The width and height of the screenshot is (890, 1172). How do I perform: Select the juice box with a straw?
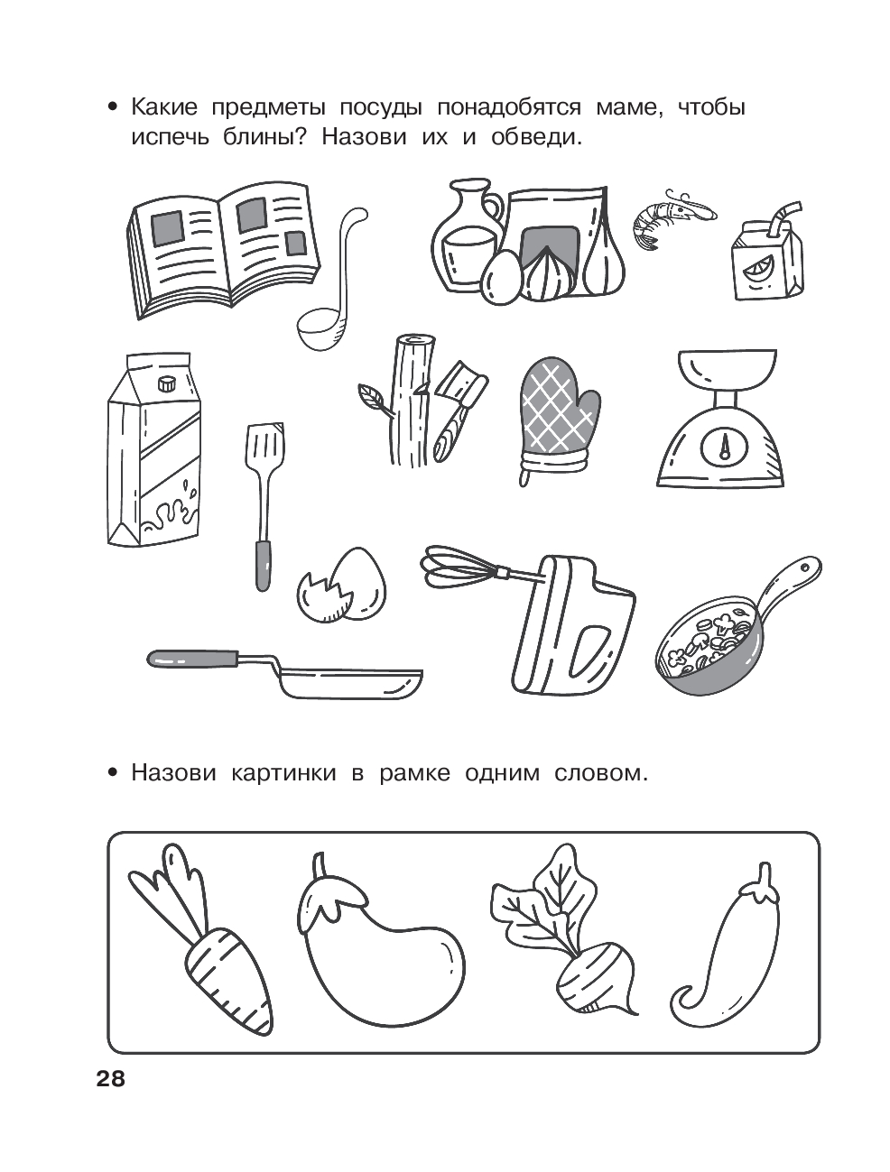tap(767, 254)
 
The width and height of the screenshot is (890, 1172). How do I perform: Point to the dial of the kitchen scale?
tap(724, 450)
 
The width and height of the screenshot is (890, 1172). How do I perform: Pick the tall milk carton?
tap(155, 449)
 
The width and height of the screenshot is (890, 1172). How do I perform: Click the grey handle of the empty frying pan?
tap(193, 659)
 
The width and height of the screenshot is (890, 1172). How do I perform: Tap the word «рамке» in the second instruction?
tap(414, 773)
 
